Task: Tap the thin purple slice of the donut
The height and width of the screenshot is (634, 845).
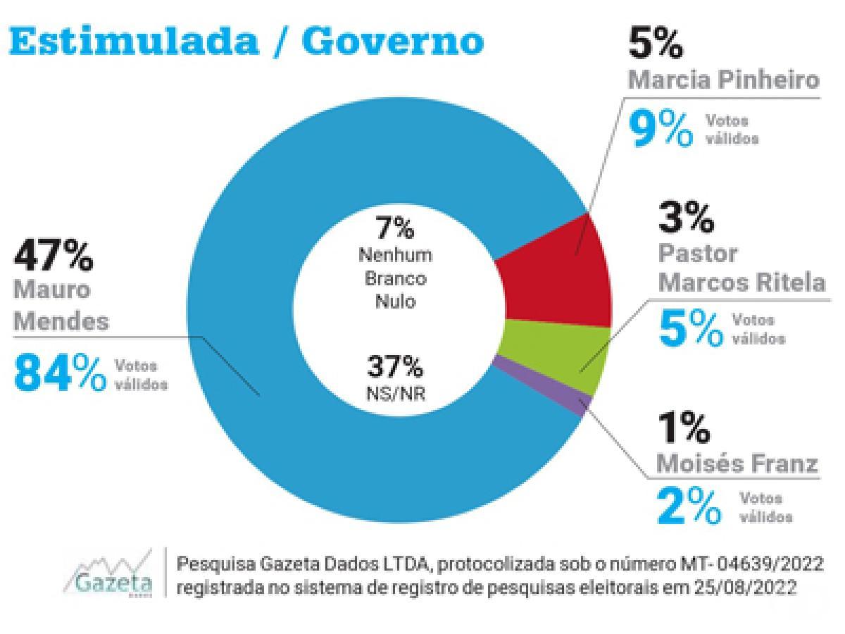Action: click(x=543, y=385)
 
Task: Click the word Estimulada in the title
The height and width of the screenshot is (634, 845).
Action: click(x=134, y=41)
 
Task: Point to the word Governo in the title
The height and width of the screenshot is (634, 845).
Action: click(x=393, y=41)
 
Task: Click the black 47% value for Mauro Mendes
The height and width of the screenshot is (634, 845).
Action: click(x=53, y=255)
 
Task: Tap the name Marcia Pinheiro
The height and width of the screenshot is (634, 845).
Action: click(x=723, y=80)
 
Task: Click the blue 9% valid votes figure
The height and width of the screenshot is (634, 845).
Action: click(x=661, y=130)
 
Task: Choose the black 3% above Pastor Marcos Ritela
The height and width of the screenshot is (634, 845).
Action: click(x=686, y=217)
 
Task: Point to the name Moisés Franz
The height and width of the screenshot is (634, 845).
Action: click(x=737, y=464)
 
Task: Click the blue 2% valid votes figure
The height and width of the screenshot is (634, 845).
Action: click(x=688, y=506)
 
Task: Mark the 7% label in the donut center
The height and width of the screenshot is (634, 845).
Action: click(x=395, y=228)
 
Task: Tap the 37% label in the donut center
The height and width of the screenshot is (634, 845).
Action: click(x=395, y=366)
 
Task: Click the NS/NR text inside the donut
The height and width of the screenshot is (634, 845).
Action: click(x=396, y=394)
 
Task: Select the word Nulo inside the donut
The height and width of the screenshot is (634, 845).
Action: click(x=395, y=302)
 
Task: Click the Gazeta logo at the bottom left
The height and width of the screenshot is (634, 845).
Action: click(x=110, y=573)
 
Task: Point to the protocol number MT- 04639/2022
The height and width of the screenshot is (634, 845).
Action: click(x=751, y=565)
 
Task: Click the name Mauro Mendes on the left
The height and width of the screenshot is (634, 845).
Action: click(x=61, y=305)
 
